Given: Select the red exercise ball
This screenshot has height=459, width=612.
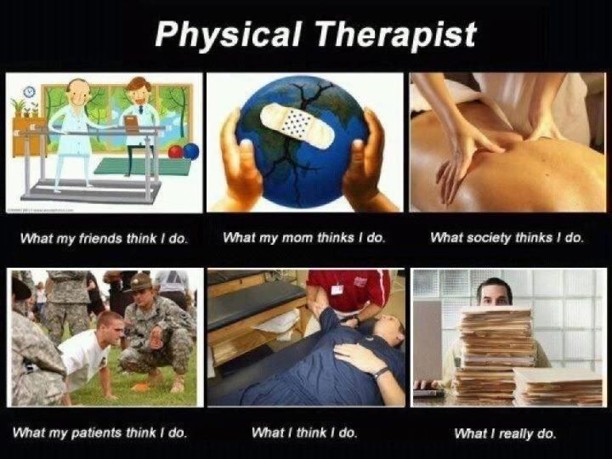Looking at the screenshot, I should click(176, 152).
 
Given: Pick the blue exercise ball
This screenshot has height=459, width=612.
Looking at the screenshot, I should click(190, 152).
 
